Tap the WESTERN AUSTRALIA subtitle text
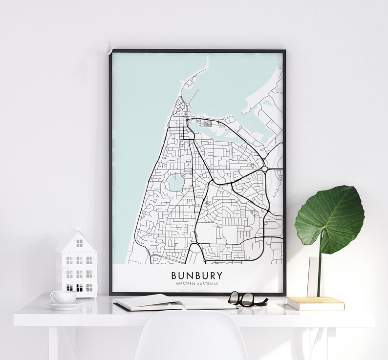pos(195,283)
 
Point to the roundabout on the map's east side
pos(264,169)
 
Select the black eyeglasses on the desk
pos(246,298)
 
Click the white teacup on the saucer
pos(63,296)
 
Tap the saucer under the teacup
pos(65,305)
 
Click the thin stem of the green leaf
pos(320,274)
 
